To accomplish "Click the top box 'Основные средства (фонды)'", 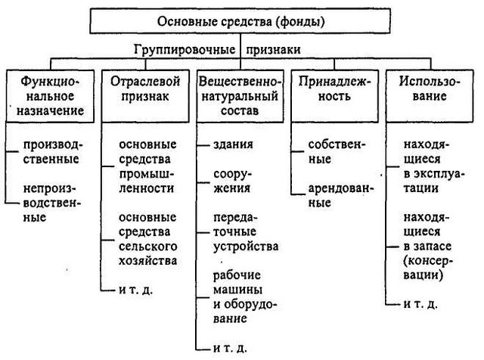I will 242,21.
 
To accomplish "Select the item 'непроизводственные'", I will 55,200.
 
